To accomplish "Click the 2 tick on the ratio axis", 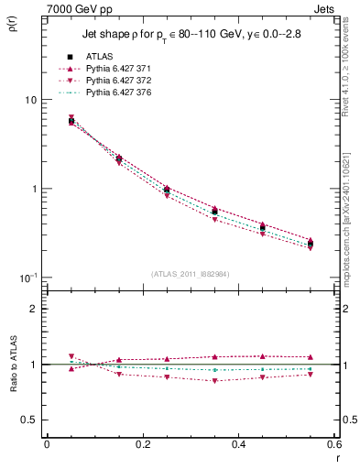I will pyautogui.click(x=32, y=309).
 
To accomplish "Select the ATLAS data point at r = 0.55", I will pyautogui.click(x=311, y=244).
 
